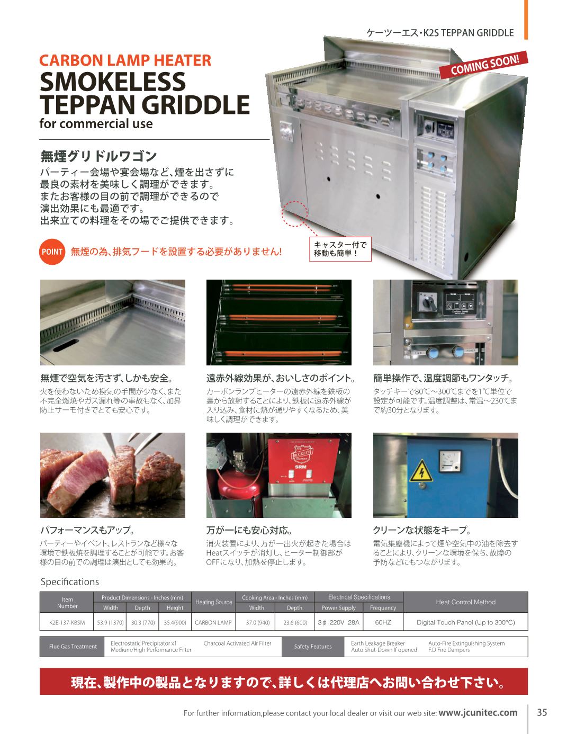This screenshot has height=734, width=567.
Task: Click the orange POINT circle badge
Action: pyautogui.click(x=52, y=252)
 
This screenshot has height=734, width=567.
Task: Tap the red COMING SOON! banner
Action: pyautogui.click(x=484, y=65)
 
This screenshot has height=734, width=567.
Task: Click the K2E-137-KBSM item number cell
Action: pyautogui.click(x=67, y=622)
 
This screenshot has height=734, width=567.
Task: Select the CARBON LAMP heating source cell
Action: pyautogui.click(x=213, y=622)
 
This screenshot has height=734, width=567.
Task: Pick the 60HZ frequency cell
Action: pyautogui.click(x=383, y=622)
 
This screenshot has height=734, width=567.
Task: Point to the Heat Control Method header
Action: pyautogui.click(x=465, y=602)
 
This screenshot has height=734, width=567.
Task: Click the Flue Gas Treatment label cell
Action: pyautogui.click(x=73, y=647)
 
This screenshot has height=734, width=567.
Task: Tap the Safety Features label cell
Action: pyautogui.click(x=313, y=647)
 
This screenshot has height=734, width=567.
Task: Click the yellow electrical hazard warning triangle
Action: pyautogui.click(x=421, y=471)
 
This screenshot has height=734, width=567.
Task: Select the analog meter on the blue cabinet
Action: pyautogui.click(x=449, y=461)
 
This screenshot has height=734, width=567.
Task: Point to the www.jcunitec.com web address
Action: pyautogui.click(x=478, y=713)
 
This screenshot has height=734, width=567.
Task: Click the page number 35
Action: pyautogui.click(x=542, y=712)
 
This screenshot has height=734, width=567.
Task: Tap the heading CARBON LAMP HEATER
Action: pyautogui.click(x=125, y=60)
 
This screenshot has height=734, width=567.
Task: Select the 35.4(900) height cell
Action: pyautogui.click(x=175, y=622)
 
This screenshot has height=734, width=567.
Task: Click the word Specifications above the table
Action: pyautogui.click(x=69, y=581)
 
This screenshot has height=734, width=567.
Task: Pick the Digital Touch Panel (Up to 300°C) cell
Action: pyautogui.click(x=465, y=622)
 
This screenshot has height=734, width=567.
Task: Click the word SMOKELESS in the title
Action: pyautogui.click(x=113, y=82)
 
